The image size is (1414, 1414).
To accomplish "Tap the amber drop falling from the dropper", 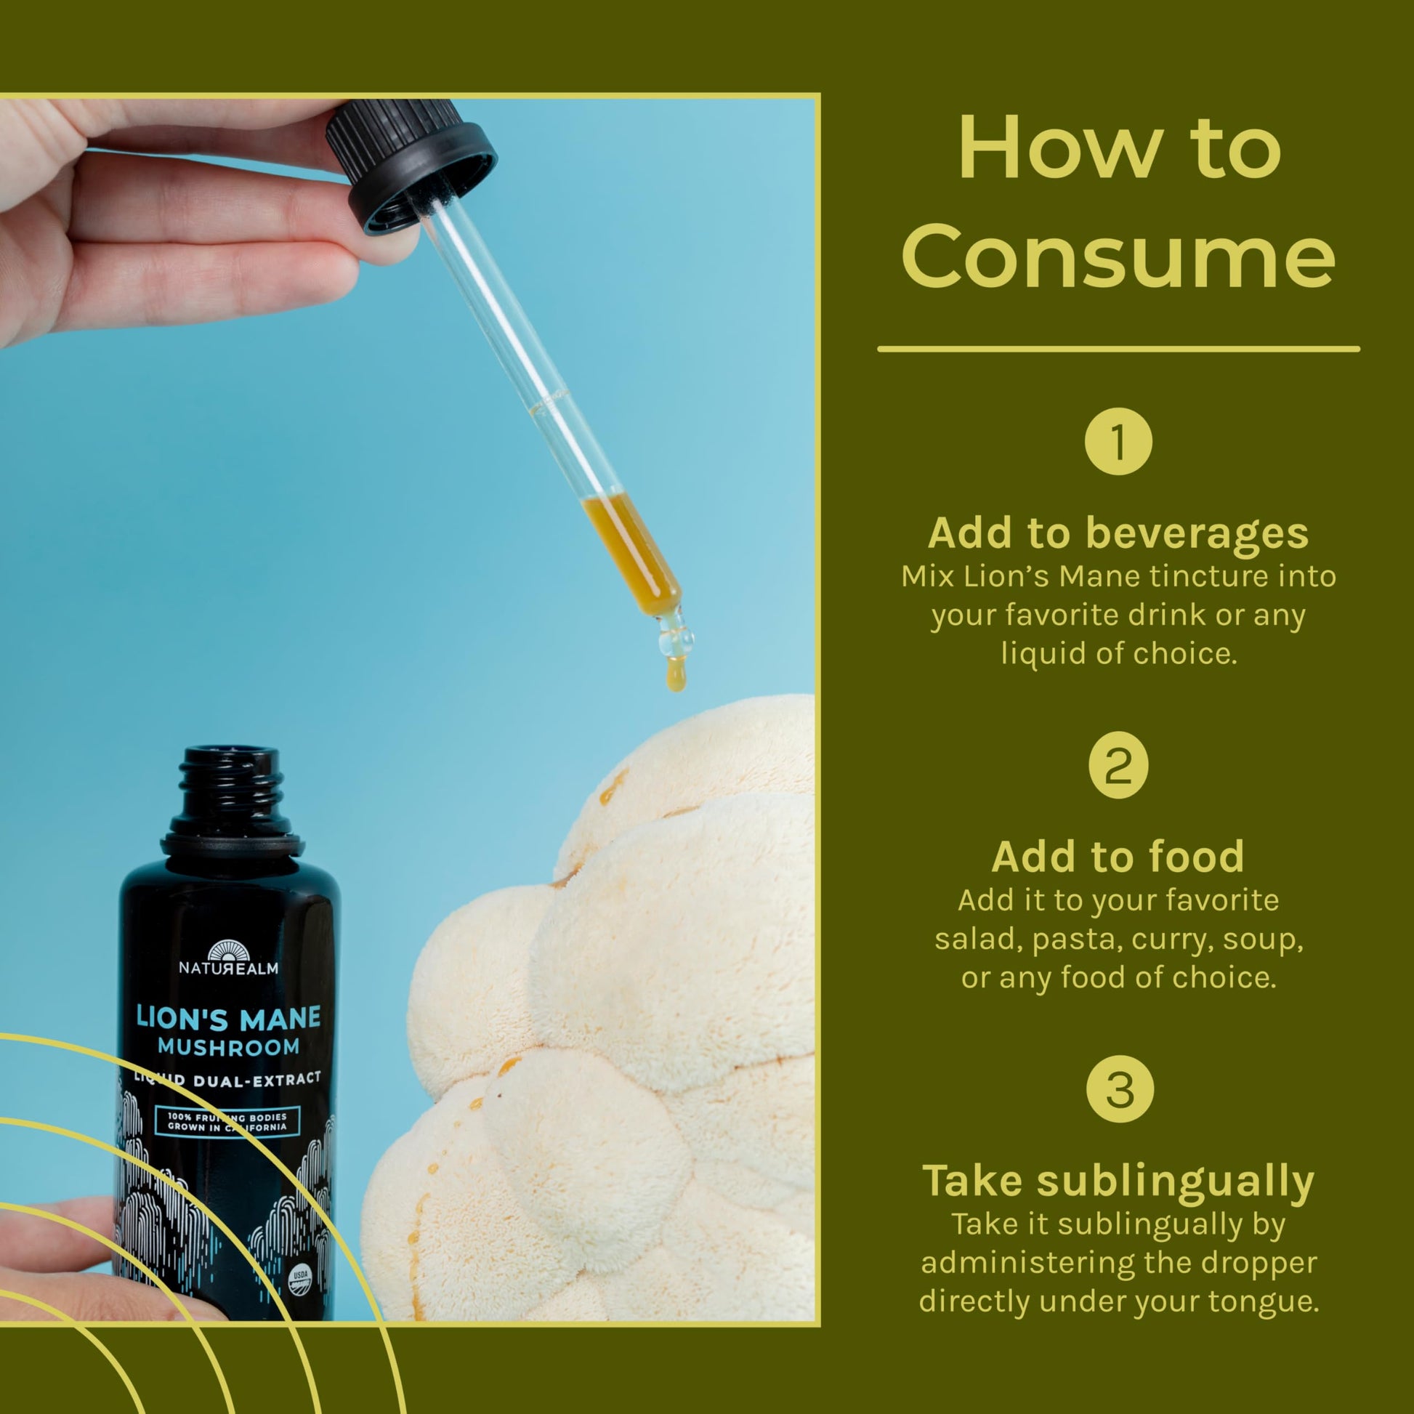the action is (676, 674).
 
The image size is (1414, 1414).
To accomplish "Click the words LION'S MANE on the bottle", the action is (228, 1018).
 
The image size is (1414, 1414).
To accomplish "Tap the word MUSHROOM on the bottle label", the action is (228, 1047).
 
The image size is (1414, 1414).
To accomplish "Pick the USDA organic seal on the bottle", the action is (300, 1277).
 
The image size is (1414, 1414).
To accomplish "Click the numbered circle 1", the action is (1118, 442).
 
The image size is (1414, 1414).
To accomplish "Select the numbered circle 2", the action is (1118, 766).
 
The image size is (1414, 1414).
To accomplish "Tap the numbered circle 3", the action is (1118, 1090).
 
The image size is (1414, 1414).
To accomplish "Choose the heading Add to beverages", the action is (1118, 533).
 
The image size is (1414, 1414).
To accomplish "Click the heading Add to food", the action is (1118, 857).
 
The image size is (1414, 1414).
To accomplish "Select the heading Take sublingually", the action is (1118, 1182).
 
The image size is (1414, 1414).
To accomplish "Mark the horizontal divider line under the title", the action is (1118, 349).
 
